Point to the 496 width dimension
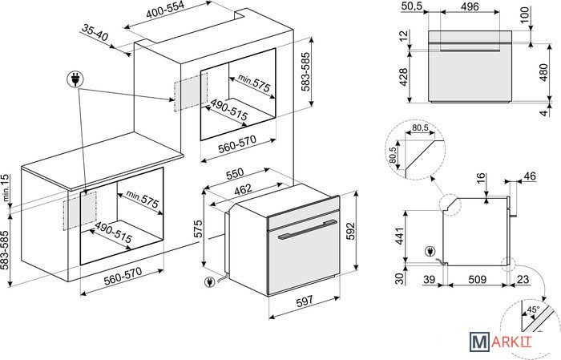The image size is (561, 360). tap(470, 6)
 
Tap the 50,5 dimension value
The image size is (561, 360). tap(411, 6)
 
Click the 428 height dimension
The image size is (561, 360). tap(404, 77)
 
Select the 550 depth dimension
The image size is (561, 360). tap(234, 173)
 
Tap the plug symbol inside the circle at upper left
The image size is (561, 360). tap(75, 79)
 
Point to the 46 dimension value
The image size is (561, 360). tap(529, 176)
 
